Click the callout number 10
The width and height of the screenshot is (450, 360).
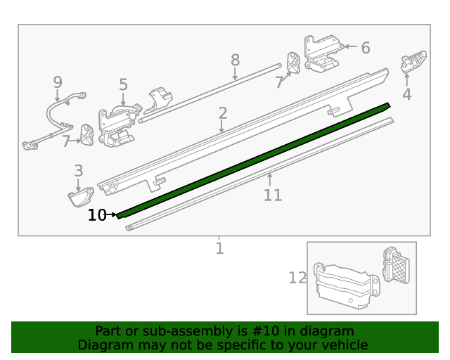point(96,215)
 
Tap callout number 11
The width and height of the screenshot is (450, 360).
point(273,195)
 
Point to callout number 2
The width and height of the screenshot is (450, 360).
point(222,113)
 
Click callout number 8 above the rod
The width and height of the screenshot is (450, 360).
point(235,60)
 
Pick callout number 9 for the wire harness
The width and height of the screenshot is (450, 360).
point(58,83)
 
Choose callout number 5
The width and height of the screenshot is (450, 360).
point(123,85)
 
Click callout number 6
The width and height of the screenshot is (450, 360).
point(365,48)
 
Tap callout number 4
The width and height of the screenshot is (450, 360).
point(406,95)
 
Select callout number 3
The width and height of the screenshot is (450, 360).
point(78,170)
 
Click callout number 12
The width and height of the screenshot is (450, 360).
point(297,278)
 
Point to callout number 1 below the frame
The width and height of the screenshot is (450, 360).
point(219,248)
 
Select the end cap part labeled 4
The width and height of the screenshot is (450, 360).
point(413,61)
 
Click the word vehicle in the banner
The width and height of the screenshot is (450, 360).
point(343,345)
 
